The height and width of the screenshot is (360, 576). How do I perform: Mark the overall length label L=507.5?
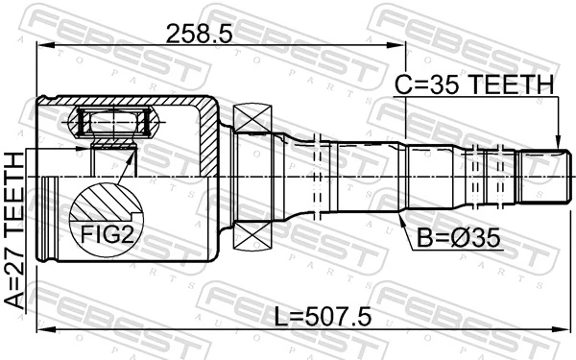point(323,316)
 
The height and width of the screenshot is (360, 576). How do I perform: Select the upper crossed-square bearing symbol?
point(252,120)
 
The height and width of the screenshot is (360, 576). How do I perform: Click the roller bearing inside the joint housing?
point(114,123)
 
